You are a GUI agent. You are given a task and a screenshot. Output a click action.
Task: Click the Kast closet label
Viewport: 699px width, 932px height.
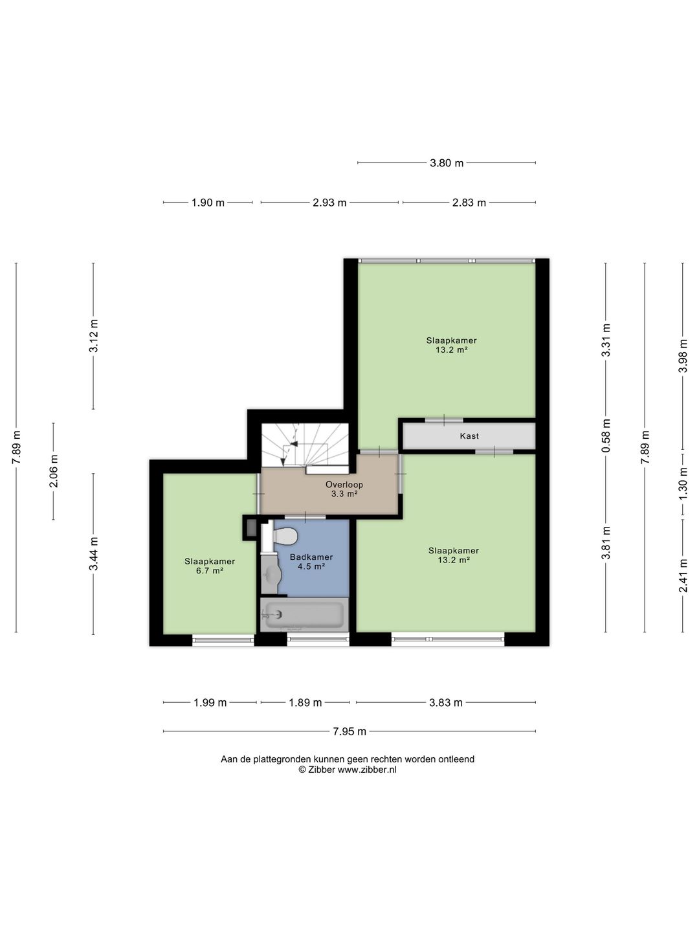click(469, 436)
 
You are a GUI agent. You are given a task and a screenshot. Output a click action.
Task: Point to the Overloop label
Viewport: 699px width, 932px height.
click(344, 485)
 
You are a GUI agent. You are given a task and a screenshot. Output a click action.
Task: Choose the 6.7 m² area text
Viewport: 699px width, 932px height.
click(209, 571)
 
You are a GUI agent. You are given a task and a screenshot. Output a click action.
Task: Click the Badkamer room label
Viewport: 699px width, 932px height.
click(311, 557)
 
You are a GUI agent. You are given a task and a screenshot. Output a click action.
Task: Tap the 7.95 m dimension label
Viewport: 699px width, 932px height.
click(349, 731)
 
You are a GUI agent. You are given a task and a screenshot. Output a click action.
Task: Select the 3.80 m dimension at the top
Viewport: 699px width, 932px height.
click(447, 162)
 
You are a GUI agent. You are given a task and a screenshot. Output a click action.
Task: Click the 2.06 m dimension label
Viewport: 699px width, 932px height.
click(54, 471)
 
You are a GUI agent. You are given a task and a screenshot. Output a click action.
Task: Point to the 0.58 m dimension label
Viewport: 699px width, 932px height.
click(606, 435)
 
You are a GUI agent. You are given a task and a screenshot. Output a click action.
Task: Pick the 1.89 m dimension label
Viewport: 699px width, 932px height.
click(305, 702)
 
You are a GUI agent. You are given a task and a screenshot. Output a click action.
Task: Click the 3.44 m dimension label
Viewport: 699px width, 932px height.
click(93, 553)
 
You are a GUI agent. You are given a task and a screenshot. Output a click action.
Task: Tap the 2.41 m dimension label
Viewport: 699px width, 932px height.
click(683, 575)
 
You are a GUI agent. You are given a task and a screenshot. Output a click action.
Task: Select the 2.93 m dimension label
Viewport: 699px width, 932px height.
click(329, 203)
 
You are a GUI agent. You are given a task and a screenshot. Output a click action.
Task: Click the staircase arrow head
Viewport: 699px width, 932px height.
click(294, 444)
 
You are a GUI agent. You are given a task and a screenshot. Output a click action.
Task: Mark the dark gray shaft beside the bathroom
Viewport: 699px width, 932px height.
click(251, 527)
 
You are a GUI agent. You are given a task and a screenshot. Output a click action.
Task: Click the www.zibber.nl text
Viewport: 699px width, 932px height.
click(367, 770)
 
